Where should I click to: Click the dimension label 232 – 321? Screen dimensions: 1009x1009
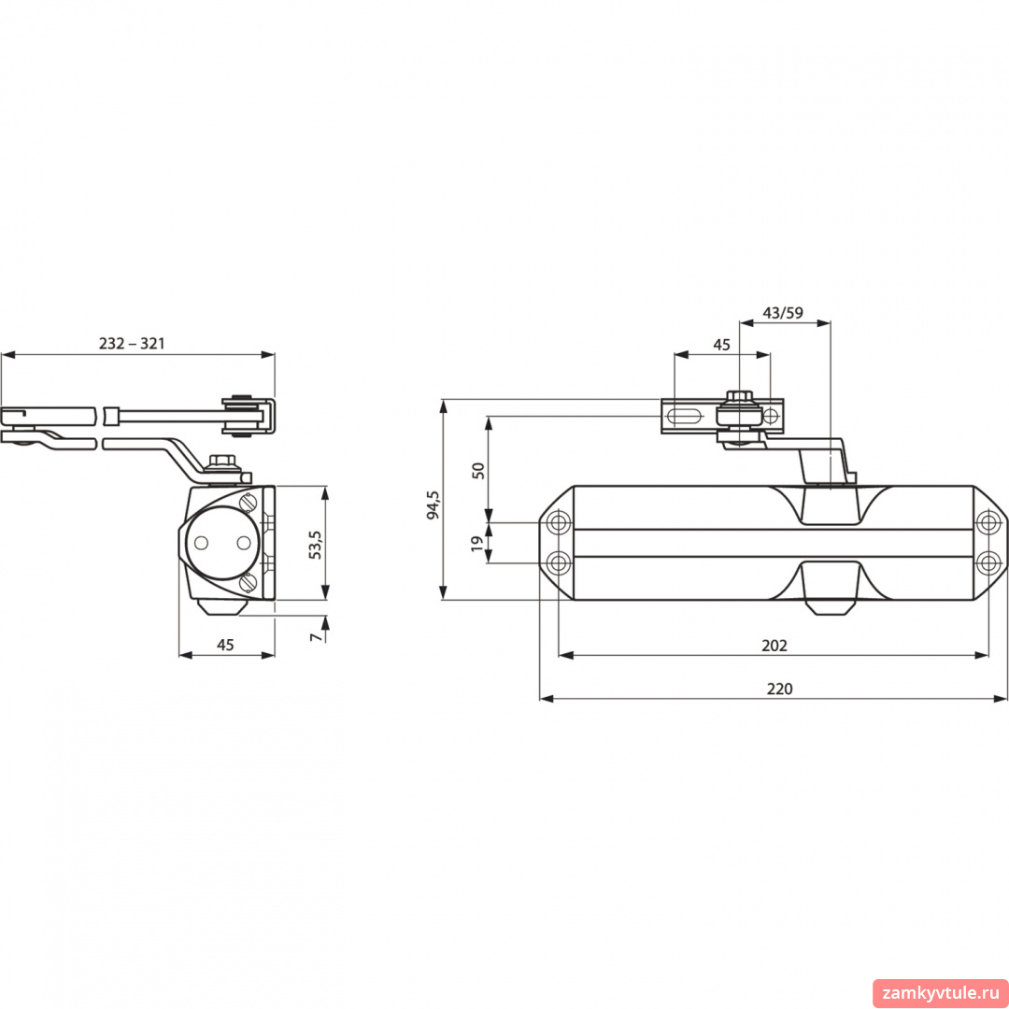click(132, 343)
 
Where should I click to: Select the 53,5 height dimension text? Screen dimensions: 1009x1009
click(316, 545)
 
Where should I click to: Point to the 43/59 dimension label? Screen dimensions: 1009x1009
click(783, 313)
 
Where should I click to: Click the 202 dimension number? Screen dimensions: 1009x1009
click(775, 646)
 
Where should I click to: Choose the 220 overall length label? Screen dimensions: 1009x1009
click(779, 689)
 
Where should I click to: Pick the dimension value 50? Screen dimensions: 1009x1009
click(478, 470)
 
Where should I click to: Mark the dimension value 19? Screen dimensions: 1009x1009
click(476, 543)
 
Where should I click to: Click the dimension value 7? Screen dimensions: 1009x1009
click(316, 637)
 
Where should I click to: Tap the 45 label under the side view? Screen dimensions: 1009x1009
click(225, 645)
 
